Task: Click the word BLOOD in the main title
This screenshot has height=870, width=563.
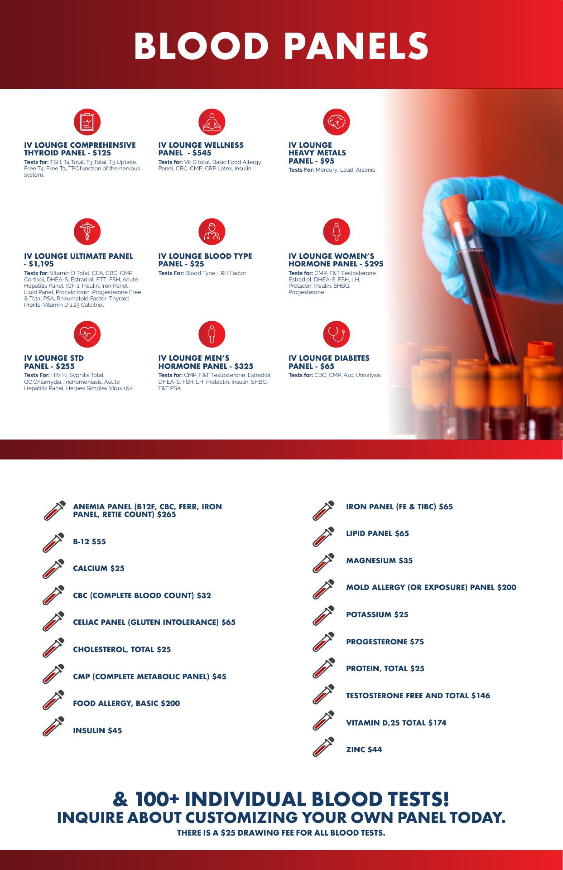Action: tap(203, 46)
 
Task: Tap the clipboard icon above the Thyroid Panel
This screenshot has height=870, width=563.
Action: tap(87, 122)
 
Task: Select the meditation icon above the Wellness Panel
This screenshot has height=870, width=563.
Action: tap(212, 122)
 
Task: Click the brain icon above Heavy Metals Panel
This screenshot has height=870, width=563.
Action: tap(336, 122)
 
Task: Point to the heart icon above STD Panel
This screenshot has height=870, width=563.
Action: tap(87, 334)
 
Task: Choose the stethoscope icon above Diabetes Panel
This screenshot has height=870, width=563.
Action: tap(336, 334)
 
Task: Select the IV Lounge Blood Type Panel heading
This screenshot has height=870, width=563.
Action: tap(205, 260)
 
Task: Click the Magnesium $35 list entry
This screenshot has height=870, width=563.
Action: tap(380, 561)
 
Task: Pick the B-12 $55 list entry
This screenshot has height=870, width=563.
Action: tap(89, 541)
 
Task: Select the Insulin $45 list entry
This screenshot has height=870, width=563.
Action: tap(97, 730)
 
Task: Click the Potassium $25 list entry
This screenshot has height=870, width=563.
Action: tap(377, 614)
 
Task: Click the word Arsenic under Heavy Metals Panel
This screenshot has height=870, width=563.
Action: tap(366, 170)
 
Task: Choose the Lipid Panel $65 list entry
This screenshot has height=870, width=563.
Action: tap(378, 533)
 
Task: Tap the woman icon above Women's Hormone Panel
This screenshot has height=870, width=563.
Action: tap(336, 232)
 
